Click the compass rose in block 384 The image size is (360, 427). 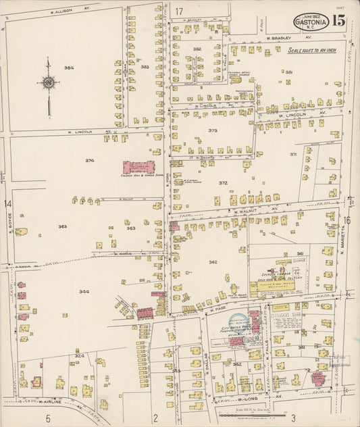(x=49, y=83)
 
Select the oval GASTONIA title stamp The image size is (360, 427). (x=311, y=22)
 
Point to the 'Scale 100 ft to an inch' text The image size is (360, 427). (x=315, y=51)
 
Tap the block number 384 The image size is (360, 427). (x=69, y=68)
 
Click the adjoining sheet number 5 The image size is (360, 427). (x=47, y=418)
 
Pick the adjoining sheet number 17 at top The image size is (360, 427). (x=179, y=11)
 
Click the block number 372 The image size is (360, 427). (x=223, y=183)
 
